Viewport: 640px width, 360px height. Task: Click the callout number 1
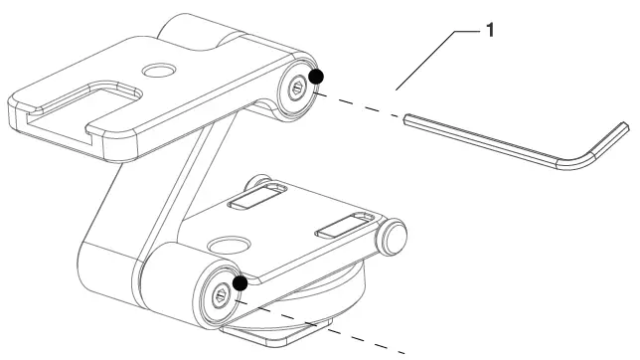[x=487, y=31]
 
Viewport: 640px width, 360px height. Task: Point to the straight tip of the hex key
[x=408, y=120]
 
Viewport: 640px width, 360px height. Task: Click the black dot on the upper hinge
[x=315, y=77]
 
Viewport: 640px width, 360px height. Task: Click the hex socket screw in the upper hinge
[x=296, y=90]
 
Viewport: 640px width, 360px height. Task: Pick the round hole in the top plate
[x=156, y=71]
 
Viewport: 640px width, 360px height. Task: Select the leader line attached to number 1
[x=427, y=60]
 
